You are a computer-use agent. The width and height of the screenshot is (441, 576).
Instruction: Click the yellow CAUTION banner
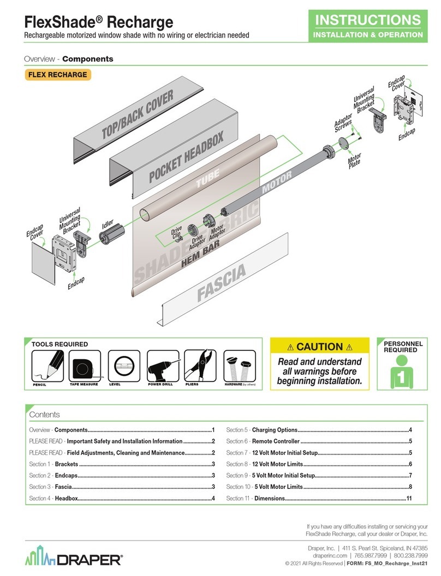[319, 347]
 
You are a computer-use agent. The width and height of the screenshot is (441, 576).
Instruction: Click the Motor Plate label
[355, 161]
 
